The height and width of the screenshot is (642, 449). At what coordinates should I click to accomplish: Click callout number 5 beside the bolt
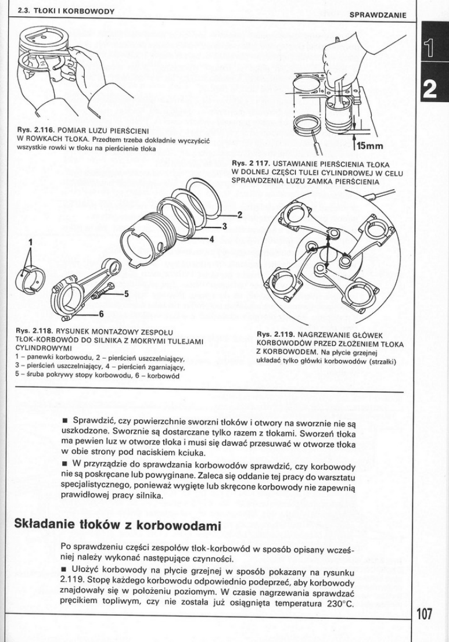(125, 294)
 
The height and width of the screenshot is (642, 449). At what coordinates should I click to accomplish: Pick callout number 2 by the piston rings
(239, 215)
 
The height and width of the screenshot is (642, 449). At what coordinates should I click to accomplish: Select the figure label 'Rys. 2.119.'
(275, 334)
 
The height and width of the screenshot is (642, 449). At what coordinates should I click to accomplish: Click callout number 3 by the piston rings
(224, 226)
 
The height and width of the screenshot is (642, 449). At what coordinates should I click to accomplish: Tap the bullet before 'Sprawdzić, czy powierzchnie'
(64, 420)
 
